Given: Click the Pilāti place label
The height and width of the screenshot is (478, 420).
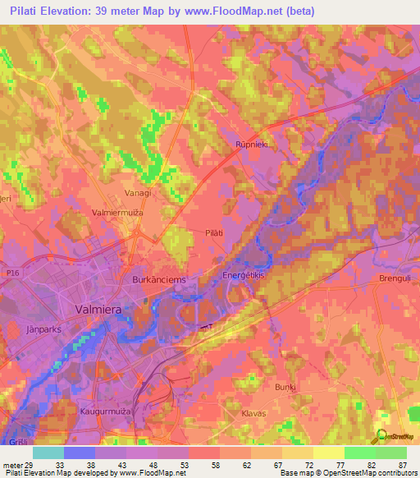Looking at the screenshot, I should click(x=213, y=233).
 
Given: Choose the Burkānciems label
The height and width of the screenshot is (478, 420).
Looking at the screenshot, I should click(x=159, y=279).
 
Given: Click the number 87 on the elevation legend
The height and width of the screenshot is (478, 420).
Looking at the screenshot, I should click(x=402, y=464).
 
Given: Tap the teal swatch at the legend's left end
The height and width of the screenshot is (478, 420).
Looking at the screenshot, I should click(x=48, y=453).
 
